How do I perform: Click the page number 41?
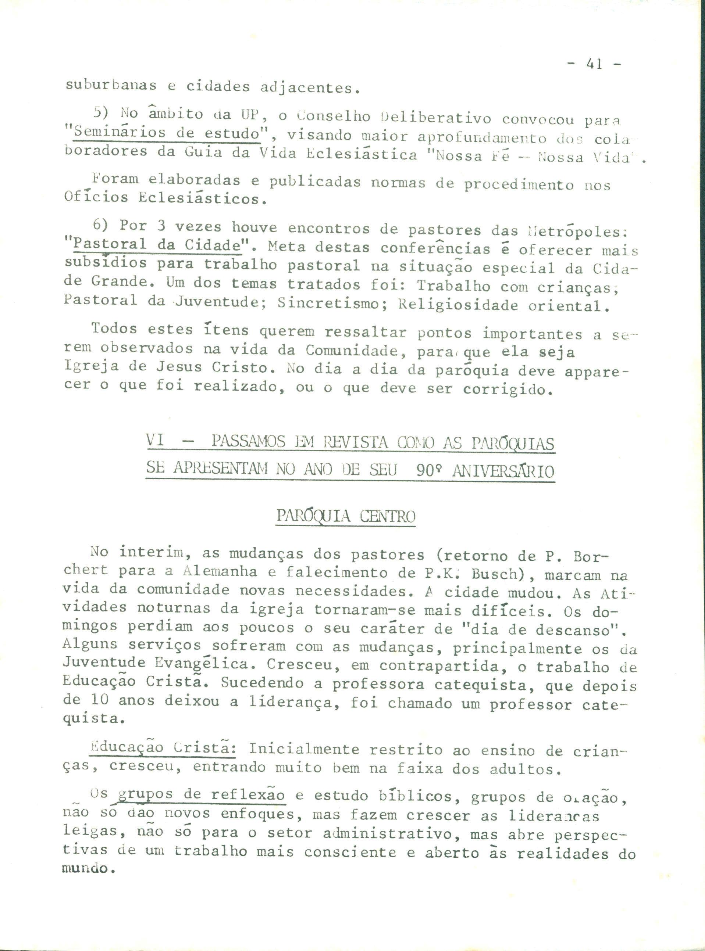coord(594,64)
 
